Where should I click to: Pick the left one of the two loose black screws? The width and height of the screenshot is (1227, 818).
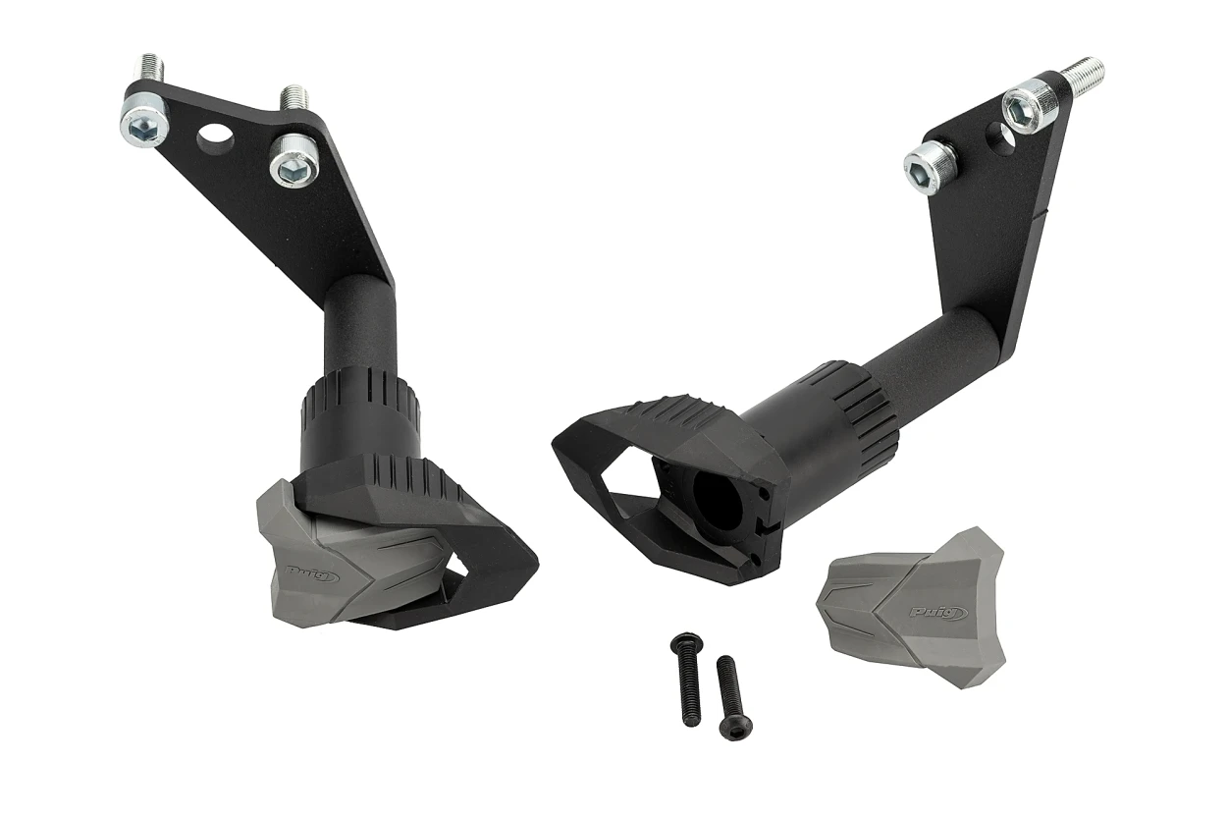point(686,683)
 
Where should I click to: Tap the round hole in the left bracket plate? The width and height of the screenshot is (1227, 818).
point(216,132)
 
